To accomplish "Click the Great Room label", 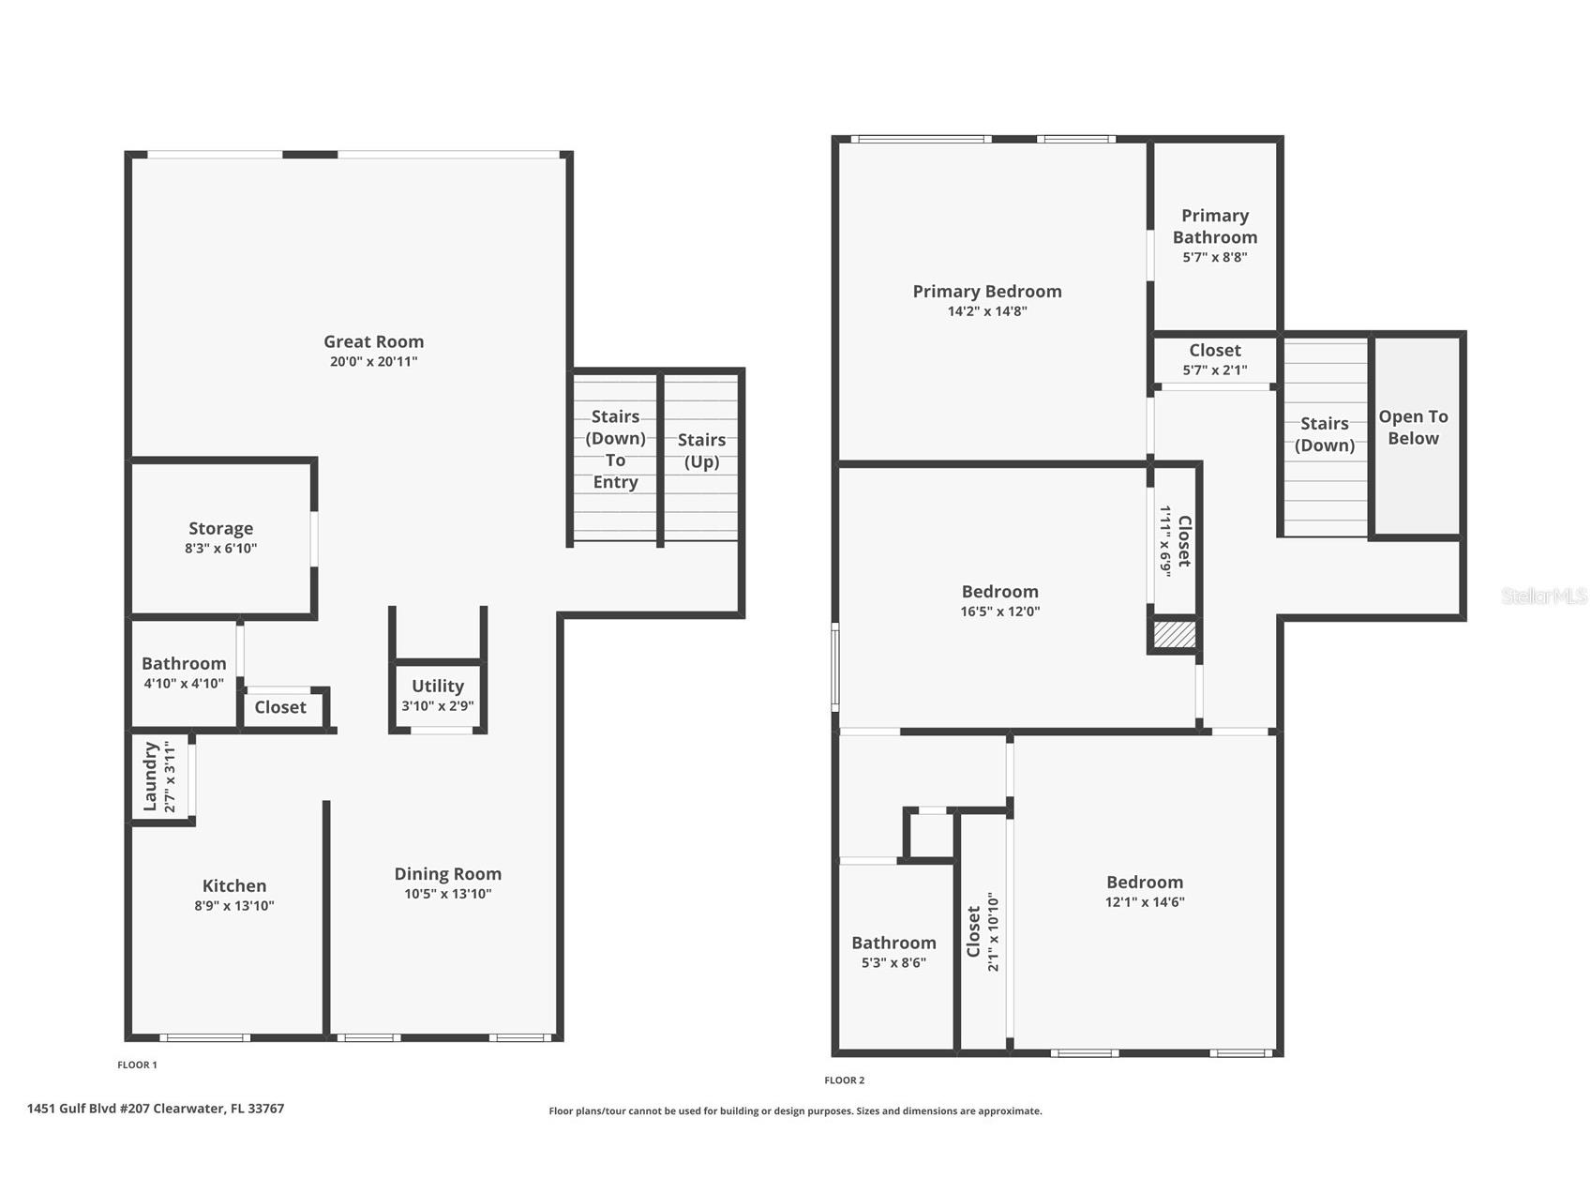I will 373,342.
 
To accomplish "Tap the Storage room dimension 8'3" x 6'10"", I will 220,549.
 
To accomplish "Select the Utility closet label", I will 438,687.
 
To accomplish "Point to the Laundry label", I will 150,777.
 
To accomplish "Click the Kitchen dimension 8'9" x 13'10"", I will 234,906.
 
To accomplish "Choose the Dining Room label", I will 447,874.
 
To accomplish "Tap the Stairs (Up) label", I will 701,450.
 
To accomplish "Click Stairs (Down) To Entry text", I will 615,449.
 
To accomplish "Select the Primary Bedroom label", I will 987,292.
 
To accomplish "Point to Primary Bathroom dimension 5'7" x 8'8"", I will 1214,257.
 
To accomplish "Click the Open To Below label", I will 1413,428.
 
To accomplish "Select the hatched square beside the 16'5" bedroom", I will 1174,635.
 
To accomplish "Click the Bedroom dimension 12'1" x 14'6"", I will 1145,902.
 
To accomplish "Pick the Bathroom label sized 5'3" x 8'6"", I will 893,944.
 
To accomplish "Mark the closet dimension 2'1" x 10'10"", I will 994,931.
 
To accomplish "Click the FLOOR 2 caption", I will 845,1080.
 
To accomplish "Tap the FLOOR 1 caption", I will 137,1065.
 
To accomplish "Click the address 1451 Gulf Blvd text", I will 156,1109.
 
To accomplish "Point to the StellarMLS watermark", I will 1543,596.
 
